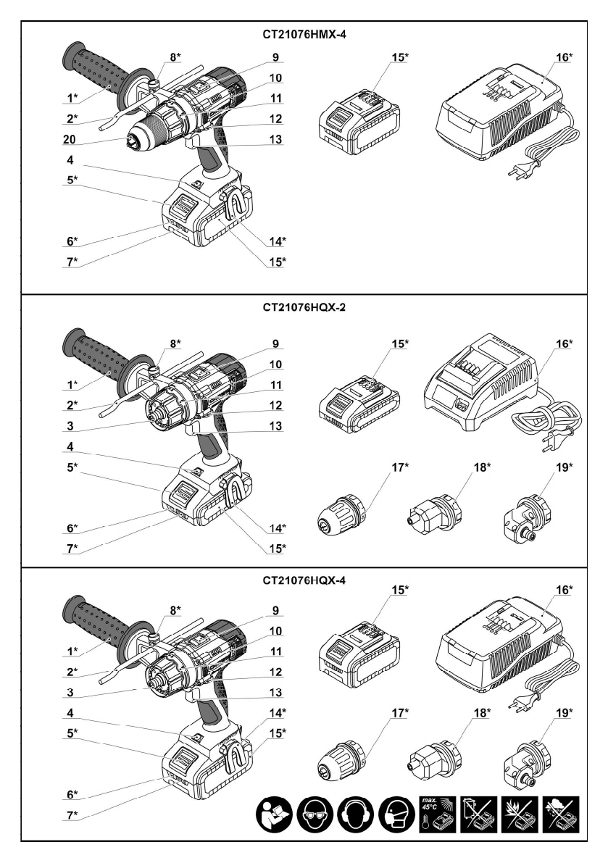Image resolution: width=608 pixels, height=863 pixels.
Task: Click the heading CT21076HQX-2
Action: coord(304,308)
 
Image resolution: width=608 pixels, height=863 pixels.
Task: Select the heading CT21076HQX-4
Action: coord(304,580)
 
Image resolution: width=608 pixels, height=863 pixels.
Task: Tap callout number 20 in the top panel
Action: coord(70,139)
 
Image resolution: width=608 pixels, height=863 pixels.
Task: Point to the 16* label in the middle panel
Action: coord(564,344)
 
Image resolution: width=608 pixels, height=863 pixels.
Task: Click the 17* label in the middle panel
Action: coord(400,467)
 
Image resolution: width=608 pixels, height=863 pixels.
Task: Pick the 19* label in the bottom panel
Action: coord(564,713)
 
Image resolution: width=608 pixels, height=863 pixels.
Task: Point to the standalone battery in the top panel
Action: coord(359,121)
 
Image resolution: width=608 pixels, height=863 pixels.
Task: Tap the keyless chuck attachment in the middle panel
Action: coord(342,516)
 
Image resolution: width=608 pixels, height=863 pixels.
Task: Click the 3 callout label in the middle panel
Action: coord(70,425)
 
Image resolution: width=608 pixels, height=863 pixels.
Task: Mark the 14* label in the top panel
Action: coord(277,241)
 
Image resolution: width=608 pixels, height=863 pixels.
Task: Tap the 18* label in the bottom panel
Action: coord(482,713)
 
